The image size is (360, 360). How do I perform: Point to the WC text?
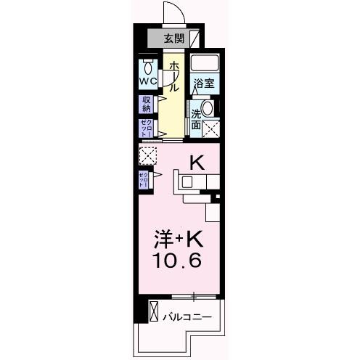coord(148,81)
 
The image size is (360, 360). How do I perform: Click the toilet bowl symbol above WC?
coord(148,64)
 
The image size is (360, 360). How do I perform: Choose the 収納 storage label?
coord(146,102)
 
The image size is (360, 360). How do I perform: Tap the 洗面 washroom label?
coord(196,119)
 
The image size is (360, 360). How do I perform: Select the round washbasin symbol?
coord(208,110)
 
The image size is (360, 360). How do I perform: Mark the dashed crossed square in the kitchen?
coord(148,155)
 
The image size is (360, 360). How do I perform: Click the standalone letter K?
coord(196,163)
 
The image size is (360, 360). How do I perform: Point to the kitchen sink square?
coord(187,181)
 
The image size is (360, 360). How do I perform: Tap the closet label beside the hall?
coord(146,128)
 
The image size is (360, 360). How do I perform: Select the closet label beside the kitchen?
coord(144,179)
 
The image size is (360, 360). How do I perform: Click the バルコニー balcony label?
coord(187,316)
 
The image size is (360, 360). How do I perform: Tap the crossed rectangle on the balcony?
coord(153,311)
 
